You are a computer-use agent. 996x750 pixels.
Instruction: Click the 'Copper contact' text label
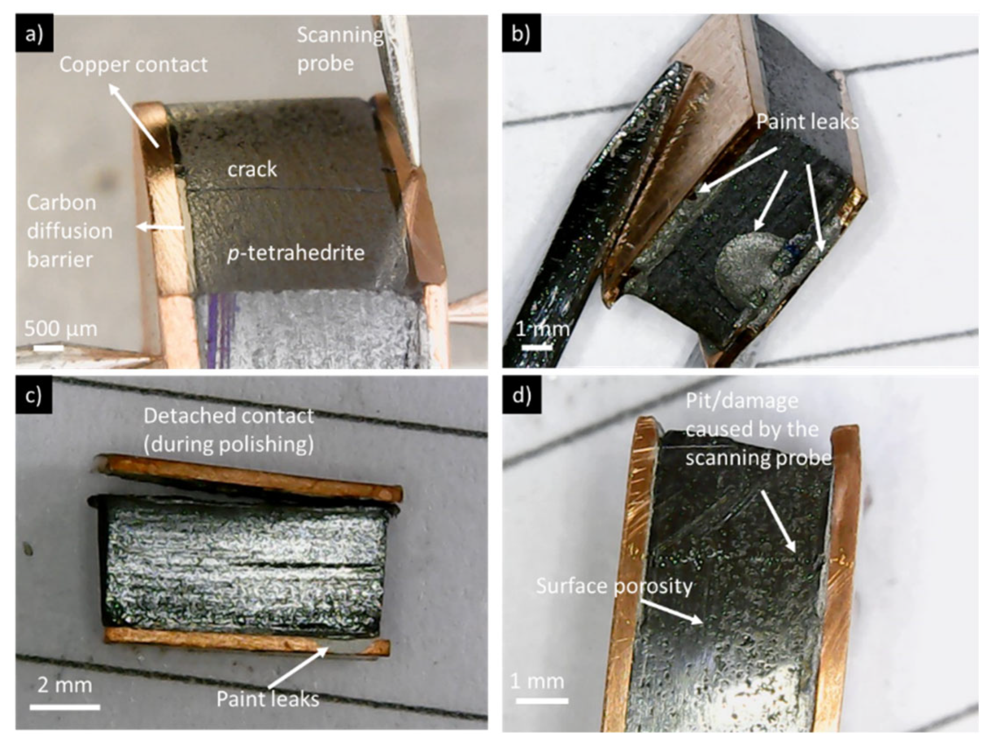(133, 65)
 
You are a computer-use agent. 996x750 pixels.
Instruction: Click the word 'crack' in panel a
(252, 170)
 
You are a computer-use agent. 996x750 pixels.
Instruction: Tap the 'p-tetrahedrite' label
(296, 253)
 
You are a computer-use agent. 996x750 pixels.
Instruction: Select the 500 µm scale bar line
(49, 348)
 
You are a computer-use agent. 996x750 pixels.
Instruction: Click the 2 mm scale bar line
(65, 707)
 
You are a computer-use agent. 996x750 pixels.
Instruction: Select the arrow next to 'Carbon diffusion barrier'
(161, 227)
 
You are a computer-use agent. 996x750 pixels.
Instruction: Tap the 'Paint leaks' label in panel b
(807, 121)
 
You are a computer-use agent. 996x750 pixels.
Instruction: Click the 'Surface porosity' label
(614, 586)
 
